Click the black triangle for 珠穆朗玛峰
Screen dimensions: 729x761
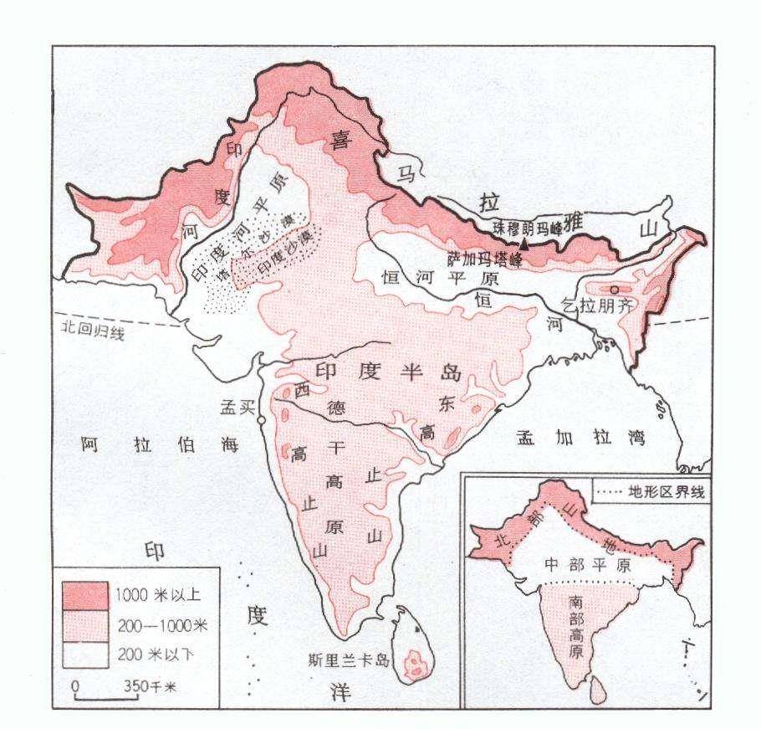[524, 244]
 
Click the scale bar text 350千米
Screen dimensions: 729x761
[151, 687]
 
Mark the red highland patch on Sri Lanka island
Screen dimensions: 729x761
[412, 666]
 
